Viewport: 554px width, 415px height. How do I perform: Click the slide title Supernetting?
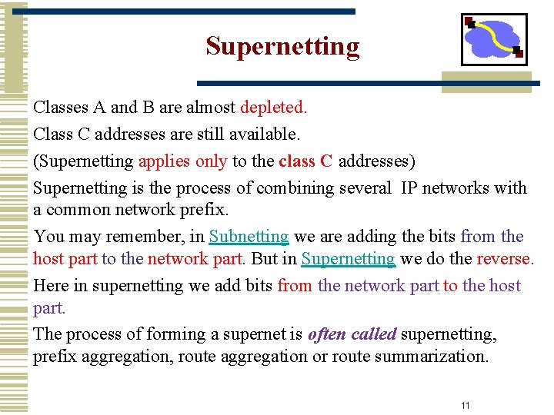(x=282, y=47)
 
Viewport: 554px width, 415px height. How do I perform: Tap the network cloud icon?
(x=494, y=39)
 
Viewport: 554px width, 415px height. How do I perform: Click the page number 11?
(x=465, y=405)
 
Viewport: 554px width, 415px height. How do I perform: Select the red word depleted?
(x=274, y=108)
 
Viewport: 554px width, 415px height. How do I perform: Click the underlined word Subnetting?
(x=249, y=237)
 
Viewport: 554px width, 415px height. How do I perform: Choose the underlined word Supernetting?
(x=349, y=259)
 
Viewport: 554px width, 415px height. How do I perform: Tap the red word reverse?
(x=504, y=259)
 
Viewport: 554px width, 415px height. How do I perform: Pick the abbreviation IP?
(x=408, y=188)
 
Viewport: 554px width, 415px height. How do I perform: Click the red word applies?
(x=161, y=161)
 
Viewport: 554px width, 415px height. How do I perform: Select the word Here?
(x=51, y=286)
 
